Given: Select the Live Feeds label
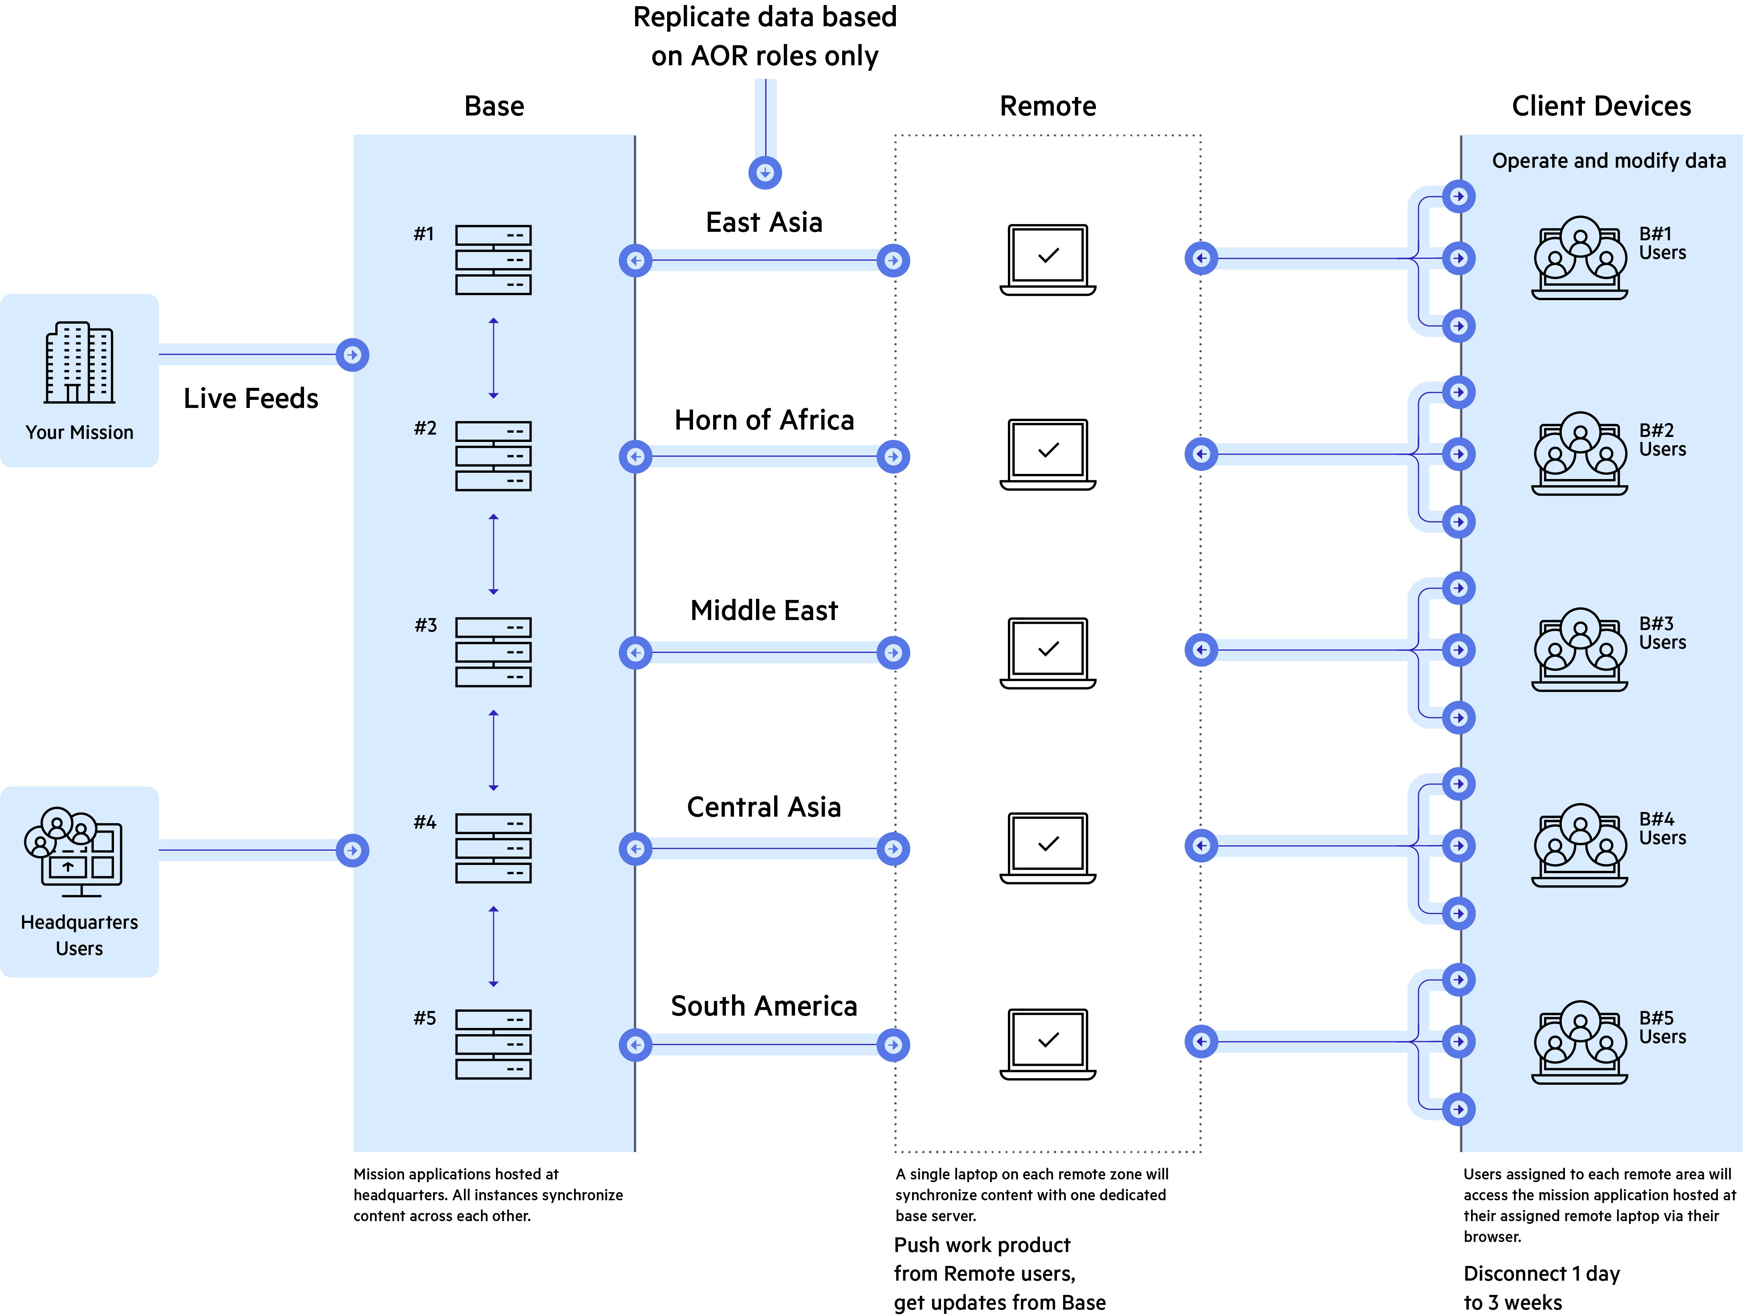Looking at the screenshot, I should (x=251, y=399).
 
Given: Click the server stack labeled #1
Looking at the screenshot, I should (x=493, y=260).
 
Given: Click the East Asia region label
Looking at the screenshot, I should (x=764, y=223).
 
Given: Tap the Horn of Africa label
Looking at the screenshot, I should (x=764, y=420).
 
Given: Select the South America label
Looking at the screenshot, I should (x=764, y=1006).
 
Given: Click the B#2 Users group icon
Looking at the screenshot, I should (x=1579, y=453).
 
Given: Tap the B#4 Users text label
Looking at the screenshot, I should (x=1662, y=829).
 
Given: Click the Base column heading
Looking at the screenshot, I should (x=494, y=106).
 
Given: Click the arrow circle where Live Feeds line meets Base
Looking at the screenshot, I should (x=352, y=355).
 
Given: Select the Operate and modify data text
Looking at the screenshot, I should (x=1608, y=161).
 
